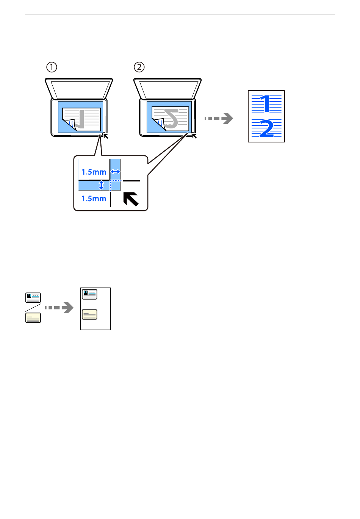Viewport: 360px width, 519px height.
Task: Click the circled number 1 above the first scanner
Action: [52, 67]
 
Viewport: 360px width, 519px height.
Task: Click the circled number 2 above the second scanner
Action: [139, 67]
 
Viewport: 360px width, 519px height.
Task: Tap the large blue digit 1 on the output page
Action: [266, 104]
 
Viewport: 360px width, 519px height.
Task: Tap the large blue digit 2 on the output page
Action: [266, 128]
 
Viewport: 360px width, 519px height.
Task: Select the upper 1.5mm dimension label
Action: [94, 172]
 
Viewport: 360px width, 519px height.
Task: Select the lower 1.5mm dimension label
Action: [94, 199]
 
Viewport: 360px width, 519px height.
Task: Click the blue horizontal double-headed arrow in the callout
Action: [115, 172]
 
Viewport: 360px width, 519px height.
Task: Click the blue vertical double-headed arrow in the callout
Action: [101, 185]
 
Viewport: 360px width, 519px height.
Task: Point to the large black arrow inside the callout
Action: [131, 199]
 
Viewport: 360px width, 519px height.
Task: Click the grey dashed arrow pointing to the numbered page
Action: [219, 119]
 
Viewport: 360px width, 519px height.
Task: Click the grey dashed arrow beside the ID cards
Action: [59, 308]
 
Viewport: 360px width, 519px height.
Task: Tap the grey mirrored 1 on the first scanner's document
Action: [80, 119]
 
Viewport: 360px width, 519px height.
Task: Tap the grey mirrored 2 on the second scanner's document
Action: [171, 119]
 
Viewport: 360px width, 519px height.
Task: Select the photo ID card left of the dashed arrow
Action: [33, 298]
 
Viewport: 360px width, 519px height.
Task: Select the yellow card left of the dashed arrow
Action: [33, 318]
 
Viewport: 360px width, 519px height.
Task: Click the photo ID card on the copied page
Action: [89, 294]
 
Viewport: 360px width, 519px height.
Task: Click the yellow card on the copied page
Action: [89, 314]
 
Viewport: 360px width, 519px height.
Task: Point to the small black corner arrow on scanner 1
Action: [106, 136]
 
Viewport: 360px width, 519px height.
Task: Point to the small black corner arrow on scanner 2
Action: [194, 136]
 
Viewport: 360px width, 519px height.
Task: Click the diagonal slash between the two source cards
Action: [33, 308]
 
